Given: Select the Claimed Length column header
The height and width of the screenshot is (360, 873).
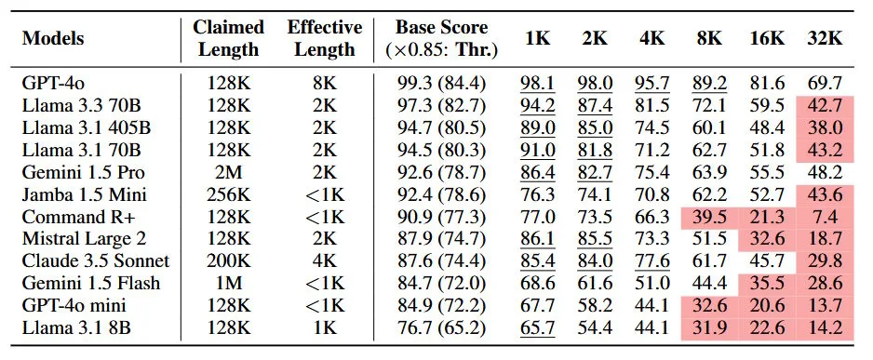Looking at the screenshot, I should tap(229, 38).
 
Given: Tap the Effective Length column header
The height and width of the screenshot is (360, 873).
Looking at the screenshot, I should tap(324, 38).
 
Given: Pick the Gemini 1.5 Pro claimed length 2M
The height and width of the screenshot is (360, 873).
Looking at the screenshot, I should tap(229, 172).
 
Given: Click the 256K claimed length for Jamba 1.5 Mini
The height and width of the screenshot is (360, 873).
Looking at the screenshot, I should tap(229, 194).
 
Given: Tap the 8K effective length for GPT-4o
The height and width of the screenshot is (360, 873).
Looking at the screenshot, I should tap(324, 82).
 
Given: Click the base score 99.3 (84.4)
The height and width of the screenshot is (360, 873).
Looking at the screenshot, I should tap(441, 82).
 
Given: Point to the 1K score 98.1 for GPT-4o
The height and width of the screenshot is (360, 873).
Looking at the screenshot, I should tap(537, 82).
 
